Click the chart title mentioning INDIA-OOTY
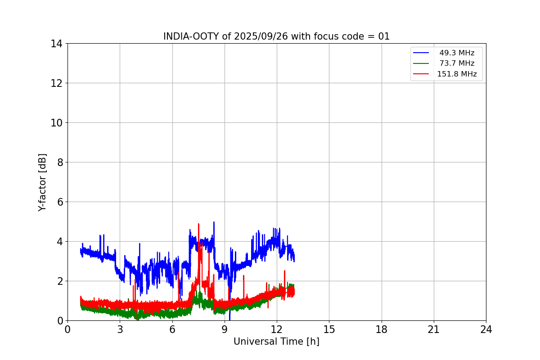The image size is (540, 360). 276,36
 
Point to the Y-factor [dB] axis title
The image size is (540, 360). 42,182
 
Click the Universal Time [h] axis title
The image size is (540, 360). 276,342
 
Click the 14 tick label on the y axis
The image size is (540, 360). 56,44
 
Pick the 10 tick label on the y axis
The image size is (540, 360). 56,123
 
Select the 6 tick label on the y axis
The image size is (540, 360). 59,202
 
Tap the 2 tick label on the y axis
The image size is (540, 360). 59,281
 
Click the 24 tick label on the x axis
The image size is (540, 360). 486,330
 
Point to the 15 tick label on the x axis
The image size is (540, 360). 329,330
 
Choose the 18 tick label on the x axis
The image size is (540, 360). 382,330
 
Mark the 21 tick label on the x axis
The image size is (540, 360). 434,330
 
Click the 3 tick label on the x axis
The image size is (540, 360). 120,330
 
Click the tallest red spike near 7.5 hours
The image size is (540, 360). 198,224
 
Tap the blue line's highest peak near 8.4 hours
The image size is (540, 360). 214,222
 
